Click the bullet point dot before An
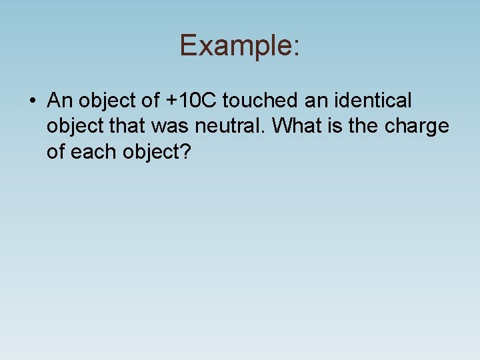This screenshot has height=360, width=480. [x=32, y=101]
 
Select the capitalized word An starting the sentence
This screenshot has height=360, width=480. [x=60, y=101]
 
